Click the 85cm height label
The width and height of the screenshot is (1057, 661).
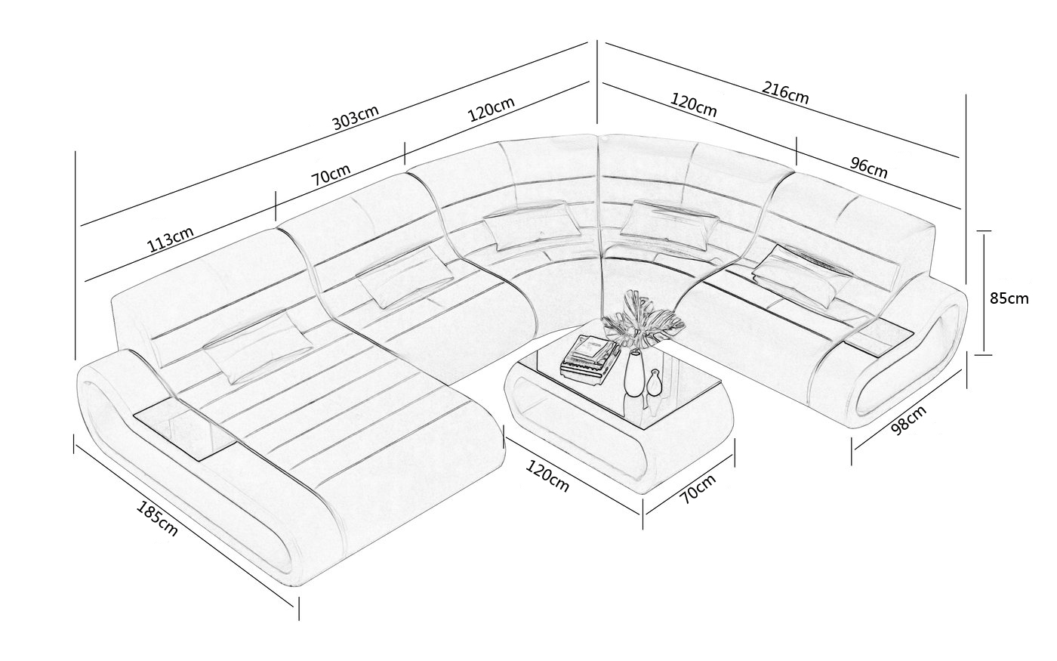coord(1009,298)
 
